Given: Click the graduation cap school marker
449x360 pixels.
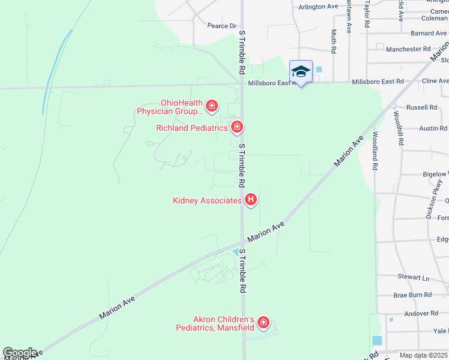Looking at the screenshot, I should [301, 72].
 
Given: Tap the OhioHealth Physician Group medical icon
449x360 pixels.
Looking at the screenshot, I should [211, 106].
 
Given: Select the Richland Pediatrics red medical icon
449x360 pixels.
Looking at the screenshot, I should [237, 127].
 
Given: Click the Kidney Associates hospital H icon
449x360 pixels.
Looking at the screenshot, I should [251, 200].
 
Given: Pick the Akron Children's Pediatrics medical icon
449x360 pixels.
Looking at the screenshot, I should [263, 323].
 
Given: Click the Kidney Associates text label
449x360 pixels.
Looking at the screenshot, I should [207, 201].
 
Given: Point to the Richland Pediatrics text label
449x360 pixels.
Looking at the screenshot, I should [192, 128].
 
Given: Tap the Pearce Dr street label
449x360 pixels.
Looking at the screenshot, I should [222, 26].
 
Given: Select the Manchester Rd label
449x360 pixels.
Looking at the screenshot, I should [408, 49].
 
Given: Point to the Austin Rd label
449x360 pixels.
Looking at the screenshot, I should [433, 128].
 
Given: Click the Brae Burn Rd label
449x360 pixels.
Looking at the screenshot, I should [412, 295].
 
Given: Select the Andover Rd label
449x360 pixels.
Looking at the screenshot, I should [421, 313].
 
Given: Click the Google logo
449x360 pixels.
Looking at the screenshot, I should [20, 353].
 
